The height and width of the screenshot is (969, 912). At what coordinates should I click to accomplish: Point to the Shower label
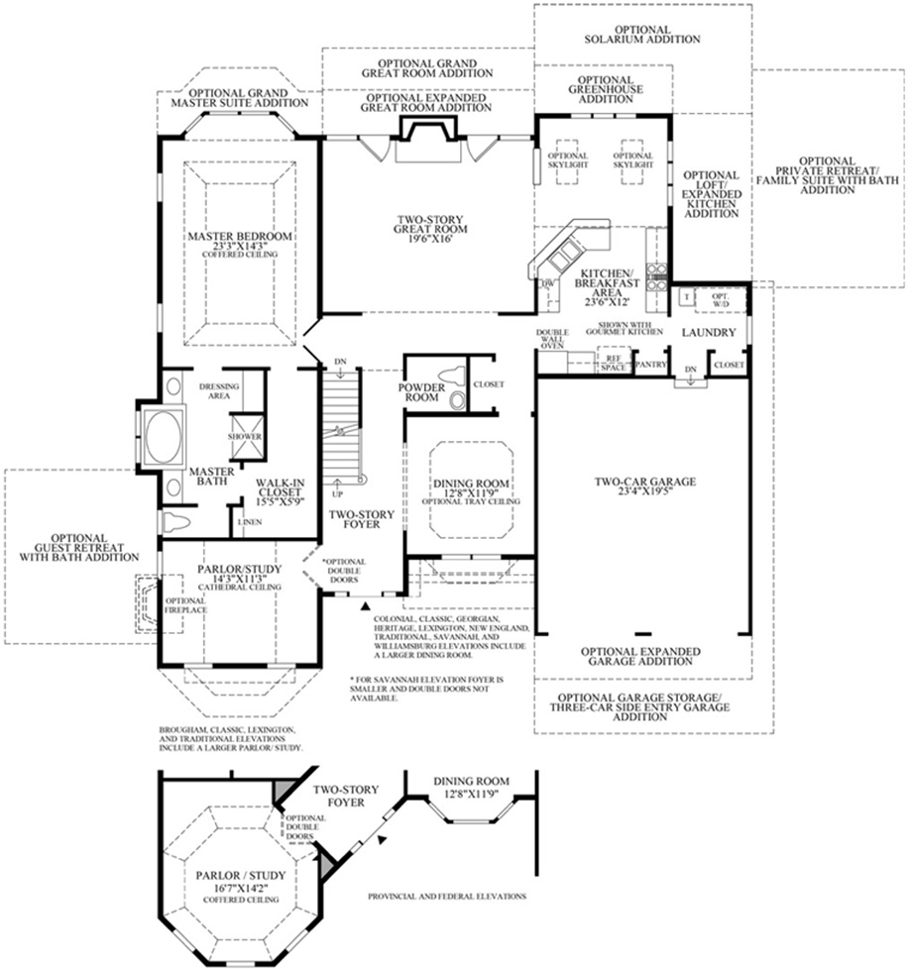coord(244,437)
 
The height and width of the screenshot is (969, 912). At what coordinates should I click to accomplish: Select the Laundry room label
coord(708,333)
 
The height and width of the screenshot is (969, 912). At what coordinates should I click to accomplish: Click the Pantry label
coord(648,365)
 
